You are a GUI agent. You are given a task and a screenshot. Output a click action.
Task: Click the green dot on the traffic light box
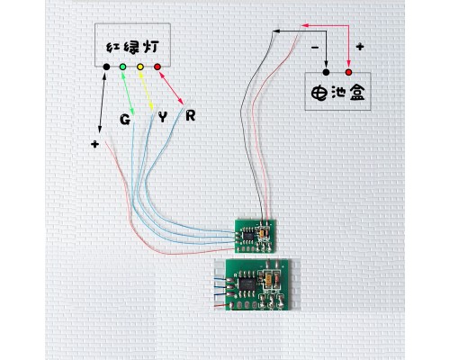[x=122, y=67]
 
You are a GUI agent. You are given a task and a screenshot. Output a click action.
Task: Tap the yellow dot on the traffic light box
[x=140, y=67]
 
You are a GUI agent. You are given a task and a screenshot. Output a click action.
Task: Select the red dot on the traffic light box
[x=157, y=67]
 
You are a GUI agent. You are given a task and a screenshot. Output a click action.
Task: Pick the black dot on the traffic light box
[x=106, y=67]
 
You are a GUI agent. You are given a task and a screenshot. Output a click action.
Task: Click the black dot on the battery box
[x=326, y=72]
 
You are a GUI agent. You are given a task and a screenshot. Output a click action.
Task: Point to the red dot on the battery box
[x=348, y=72]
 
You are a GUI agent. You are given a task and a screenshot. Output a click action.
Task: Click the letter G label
[x=125, y=120]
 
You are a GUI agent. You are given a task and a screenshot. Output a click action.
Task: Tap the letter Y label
[x=162, y=117]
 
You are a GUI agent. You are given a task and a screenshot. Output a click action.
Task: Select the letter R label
[x=191, y=115]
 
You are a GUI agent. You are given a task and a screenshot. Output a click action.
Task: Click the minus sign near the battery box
[x=314, y=48]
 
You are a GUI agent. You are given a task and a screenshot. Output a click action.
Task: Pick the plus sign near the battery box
[x=360, y=47]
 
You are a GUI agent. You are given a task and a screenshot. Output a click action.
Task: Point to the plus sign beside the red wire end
[x=94, y=144]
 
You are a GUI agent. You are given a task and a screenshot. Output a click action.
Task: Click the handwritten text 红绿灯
[x=132, y=47]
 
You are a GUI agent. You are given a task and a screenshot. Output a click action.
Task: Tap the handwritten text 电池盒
[x=337, y=93]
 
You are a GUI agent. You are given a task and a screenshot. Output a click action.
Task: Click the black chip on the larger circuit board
[x=247, y=284]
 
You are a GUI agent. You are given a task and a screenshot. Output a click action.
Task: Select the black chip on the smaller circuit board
[x=248, y=236]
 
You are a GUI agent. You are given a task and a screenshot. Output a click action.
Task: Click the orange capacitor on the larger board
[x=269, y=279]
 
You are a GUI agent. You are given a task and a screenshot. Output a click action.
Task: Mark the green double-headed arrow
[x=128, y=93]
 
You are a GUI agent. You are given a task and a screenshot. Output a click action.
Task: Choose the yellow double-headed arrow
[x=147, y=91]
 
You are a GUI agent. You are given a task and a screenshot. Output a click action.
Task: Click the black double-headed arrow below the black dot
[x=102, y=102]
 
